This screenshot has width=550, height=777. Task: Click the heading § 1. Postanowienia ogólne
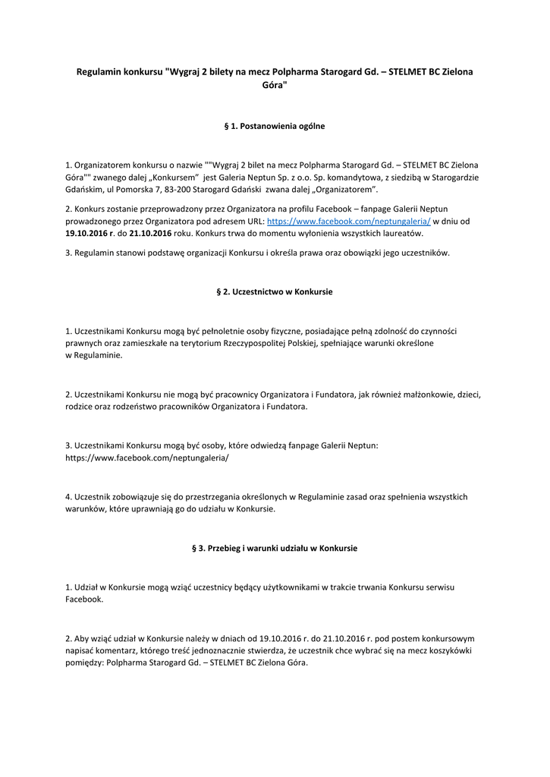275,126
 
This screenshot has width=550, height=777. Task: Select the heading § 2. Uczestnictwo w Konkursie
275,291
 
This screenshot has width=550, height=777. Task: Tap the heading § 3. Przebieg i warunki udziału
275,548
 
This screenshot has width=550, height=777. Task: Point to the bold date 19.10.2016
86,234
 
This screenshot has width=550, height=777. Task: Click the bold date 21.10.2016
152,234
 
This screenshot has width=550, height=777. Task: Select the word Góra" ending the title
275,87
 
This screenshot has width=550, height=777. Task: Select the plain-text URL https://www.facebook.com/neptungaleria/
146,458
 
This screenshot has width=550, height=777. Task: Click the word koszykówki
451,651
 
